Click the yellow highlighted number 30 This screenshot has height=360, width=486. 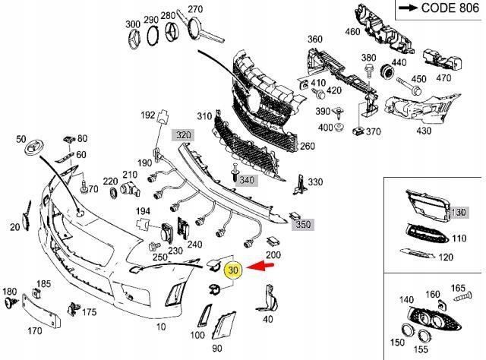233,269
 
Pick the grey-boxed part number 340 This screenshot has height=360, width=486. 247,180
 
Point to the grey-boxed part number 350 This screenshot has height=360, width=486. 303,226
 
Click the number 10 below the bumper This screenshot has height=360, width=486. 161,326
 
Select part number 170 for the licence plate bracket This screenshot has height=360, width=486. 35,330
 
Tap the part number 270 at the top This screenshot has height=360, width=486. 196,9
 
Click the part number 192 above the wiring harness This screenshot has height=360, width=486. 147,115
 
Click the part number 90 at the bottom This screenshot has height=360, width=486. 217,348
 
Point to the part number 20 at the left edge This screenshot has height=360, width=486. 14,226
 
